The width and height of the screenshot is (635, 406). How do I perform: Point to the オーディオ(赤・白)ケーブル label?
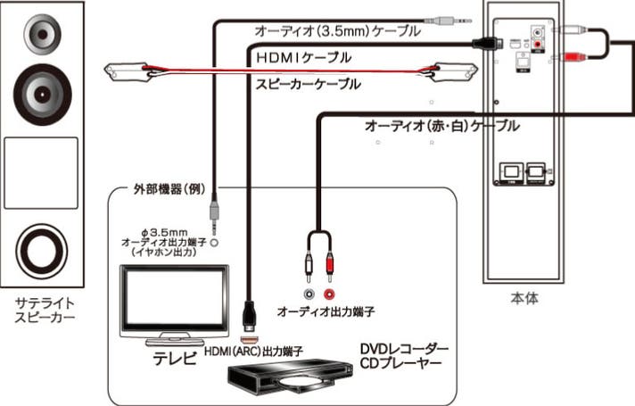[x=441, y=126]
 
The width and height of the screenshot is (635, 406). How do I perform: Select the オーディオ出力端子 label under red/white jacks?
[x=324, y=312]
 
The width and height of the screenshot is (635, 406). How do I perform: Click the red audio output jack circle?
[x=332, y=293]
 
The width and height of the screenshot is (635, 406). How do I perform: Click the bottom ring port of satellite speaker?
[x=41, y=253]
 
